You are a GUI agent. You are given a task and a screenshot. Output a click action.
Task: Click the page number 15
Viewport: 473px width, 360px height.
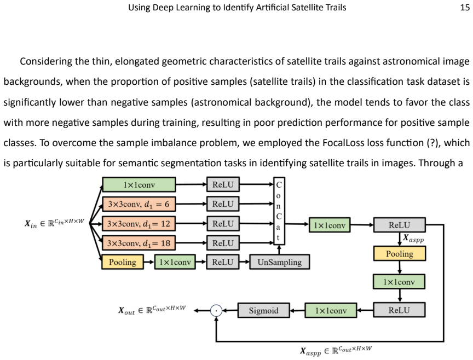pyautogui.click(x=465, y=8)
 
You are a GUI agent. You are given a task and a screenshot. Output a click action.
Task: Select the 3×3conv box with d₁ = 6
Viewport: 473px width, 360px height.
pyautogui.click(x=139, y=204)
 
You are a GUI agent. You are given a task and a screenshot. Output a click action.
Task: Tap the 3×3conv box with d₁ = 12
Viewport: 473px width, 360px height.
pyautogui.click(x=139, y=224)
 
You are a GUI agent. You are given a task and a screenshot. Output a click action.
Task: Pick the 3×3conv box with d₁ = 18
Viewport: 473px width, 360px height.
pyautogui.click(x=139, y=243)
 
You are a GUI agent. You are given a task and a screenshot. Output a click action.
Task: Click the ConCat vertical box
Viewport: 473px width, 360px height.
pyautogui.click(x=279, y=211)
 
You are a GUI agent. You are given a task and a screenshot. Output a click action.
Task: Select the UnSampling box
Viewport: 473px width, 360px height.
pyautogui.click(x=280, y=262)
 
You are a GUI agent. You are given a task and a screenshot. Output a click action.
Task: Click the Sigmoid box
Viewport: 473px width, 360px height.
pyautogui.click(x=264, y=311)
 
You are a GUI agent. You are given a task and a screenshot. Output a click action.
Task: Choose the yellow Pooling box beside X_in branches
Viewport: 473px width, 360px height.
pyautogui.click(x=123, y=262)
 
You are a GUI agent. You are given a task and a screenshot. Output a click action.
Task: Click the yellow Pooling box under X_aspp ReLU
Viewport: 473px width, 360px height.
pyautogui.click(x=400, y=253)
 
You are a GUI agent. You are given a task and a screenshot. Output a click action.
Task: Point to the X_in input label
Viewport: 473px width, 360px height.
pyautogui.click(x=54, y=223)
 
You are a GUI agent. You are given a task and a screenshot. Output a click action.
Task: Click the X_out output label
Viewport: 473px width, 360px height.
pyautogui.click(x=152, y=310)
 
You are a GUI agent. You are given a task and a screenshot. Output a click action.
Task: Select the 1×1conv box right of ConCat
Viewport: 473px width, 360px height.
pyautogui.click(x=330, y=225)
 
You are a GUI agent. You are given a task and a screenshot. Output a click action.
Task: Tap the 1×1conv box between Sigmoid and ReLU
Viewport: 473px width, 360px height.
pyautogui.click(x=331, y=311)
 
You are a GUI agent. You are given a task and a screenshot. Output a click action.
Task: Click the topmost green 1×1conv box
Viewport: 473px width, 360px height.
pyautogui.click(x=139, y=184)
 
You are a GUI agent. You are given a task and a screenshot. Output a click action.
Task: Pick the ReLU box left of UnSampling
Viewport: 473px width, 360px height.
pyautogui.click(x=223, y=262)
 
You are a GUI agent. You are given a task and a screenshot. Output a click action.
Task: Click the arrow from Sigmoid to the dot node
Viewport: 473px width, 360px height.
pyautogui.click(x=230, y=311)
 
